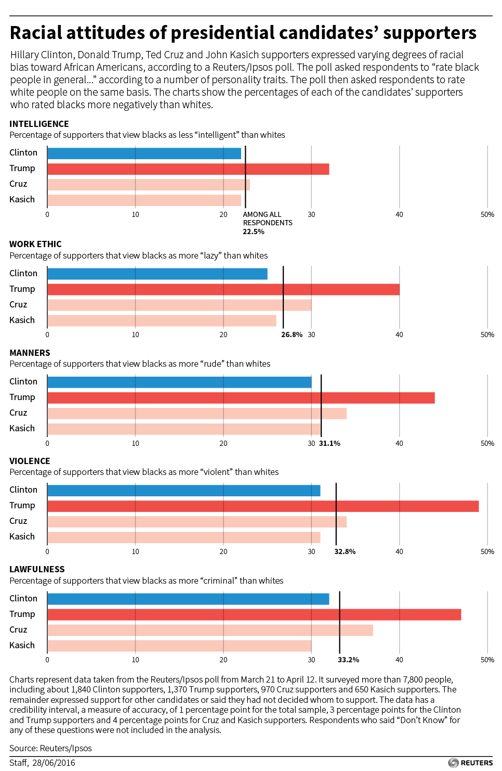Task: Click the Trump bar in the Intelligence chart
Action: [x=188, y=169]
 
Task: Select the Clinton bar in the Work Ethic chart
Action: [x=157, y=274]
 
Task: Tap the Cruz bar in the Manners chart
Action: [x=196, y=414]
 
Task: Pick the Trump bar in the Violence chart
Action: [x=262, y=506]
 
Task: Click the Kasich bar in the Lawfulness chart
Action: [x=179, y=646]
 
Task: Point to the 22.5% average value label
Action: [x=254, y=232]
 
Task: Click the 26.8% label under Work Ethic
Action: [x=292, y=335]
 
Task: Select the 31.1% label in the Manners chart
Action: [x=329, y=443]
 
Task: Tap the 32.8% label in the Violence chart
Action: [x=345, y=551]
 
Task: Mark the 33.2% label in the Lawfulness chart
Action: [x=348, y=660]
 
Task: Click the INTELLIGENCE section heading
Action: [x=39, y=124]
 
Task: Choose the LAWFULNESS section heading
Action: [x=37, y=569]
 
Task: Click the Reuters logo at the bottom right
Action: [x=470, y=763]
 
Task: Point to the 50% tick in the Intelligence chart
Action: [x=487, y=214]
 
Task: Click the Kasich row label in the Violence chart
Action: [x=22, y=536]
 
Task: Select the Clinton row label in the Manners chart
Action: [x=23, y=381]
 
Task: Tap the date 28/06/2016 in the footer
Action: [x=54, y=763]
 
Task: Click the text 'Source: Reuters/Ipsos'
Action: [x=50, y=748]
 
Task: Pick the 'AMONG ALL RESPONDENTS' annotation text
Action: [x=267, y=219]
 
